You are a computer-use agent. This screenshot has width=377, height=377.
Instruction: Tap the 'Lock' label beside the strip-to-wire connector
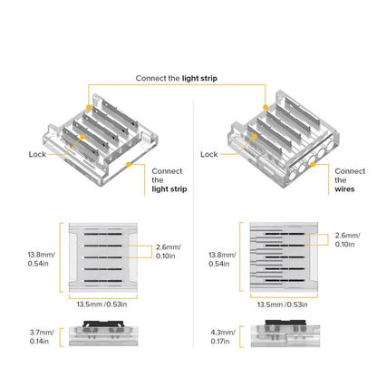pos(209,155)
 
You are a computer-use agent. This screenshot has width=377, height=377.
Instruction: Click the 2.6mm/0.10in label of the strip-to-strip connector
pos(167,251)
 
